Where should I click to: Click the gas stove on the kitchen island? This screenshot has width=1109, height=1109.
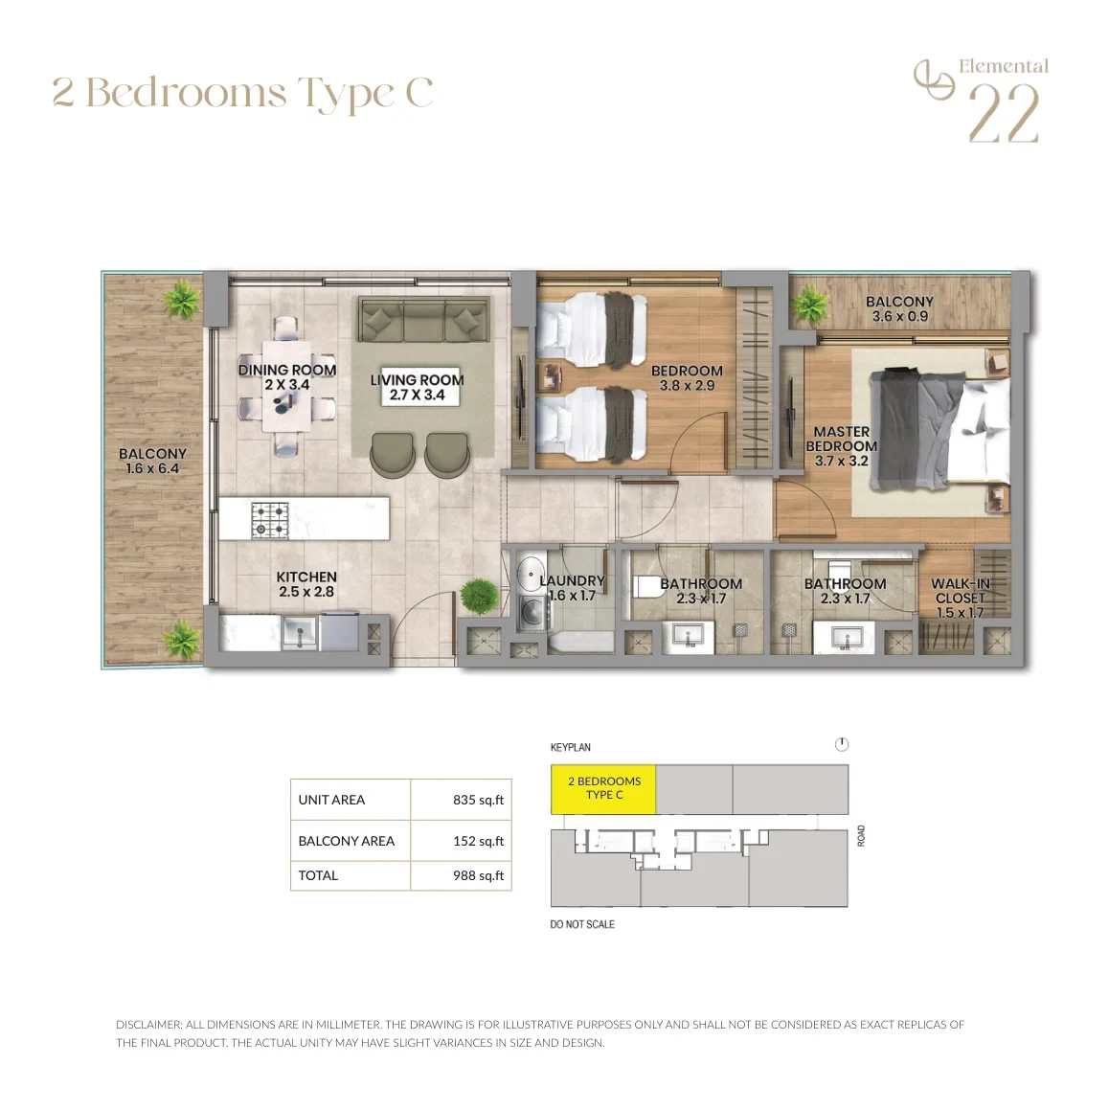click(271, 520)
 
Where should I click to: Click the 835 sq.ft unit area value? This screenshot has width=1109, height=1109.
click(478, 800)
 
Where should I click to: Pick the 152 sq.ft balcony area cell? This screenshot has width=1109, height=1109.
click(478, 841)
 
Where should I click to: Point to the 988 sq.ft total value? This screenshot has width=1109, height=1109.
click(478, 875)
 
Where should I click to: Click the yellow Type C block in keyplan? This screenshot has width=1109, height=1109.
click(603, 788)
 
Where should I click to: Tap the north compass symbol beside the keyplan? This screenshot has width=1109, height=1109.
click(842, 744)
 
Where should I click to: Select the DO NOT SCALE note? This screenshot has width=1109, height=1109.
click(582, 924)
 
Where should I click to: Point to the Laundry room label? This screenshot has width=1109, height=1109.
click(572, 588)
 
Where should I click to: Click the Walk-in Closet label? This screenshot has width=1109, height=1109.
click(960, 598)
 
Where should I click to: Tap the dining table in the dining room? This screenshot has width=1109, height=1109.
click(286, 386)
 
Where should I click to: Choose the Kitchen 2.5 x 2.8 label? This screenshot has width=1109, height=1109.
click(306, 584)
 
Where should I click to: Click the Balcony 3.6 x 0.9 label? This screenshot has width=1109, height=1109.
click(899, 309)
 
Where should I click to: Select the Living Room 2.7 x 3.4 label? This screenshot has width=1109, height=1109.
click(418, 387)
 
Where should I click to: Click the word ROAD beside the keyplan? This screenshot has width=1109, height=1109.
click(861, 835)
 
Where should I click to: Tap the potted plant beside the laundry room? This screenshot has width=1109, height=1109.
click(479, 596)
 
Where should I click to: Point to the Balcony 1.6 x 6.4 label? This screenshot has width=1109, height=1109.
click(153, 462)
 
